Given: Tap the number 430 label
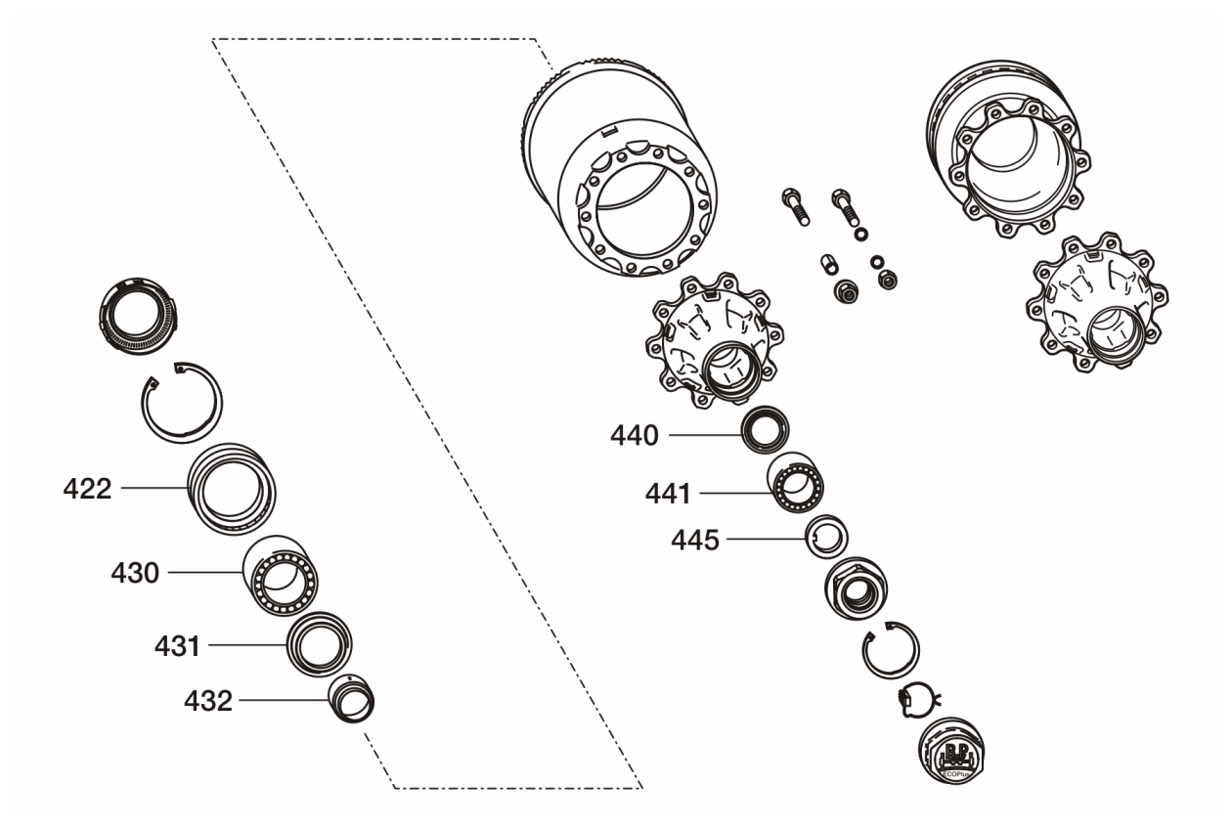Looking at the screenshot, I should pos(136,573).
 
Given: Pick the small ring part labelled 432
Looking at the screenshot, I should pos(352,699).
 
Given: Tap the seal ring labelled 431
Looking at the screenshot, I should pos(319,644).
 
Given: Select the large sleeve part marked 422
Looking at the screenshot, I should pos(234,487).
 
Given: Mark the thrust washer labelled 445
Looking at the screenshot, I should pos(826,535).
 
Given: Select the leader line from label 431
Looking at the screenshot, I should pos(246,644).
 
